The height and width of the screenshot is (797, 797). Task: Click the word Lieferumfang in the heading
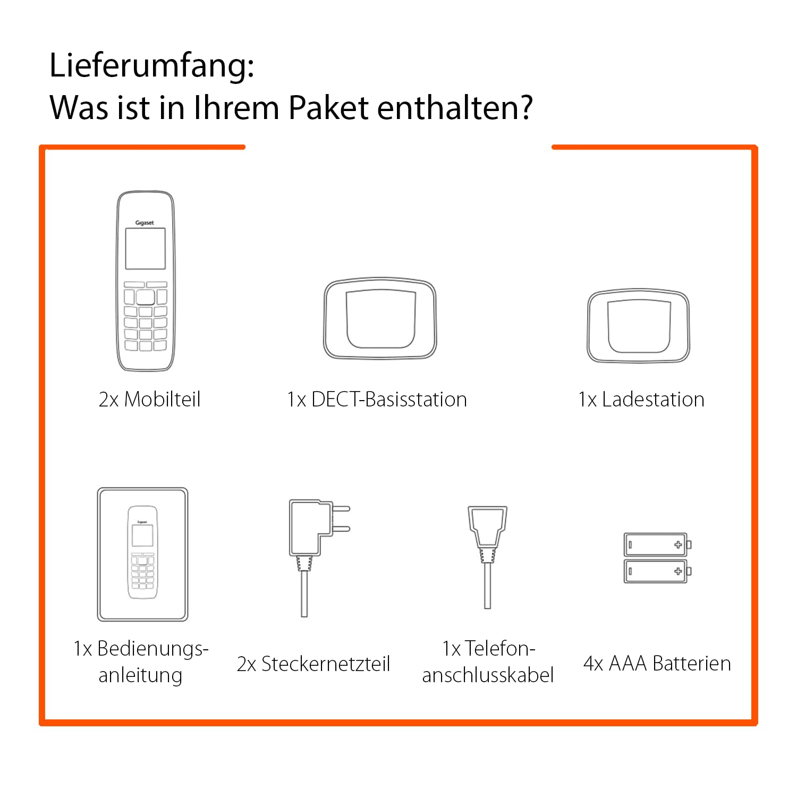(x=151, y=66)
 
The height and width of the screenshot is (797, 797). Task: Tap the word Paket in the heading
(x=328, y=108)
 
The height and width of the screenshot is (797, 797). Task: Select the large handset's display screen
(x=145, y=249)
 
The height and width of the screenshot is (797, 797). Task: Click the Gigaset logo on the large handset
(x=145, y=223)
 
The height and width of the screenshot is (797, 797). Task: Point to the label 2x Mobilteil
(x=149, y=400)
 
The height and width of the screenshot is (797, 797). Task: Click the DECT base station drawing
(x=380, y=319)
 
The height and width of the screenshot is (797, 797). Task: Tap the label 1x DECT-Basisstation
(x=377, y=400)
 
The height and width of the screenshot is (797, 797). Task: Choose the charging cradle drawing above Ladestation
(x=638, y=326)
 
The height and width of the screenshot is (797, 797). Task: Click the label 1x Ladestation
(x=641, y=400)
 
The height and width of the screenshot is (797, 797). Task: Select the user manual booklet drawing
(x=142, y=554)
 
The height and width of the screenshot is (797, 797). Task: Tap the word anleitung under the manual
(x=140, y=675)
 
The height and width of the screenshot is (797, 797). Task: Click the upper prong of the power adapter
(x=341, y=508)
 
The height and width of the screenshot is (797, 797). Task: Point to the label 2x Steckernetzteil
(x=313, y=664)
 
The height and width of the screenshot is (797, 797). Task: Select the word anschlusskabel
(x=488, y=675)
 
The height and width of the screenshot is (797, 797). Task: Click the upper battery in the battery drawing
(x=656, y=545)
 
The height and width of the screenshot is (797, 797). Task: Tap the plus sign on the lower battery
(x=678, y=571)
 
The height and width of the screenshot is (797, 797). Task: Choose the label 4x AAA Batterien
(x=657, y=664)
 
